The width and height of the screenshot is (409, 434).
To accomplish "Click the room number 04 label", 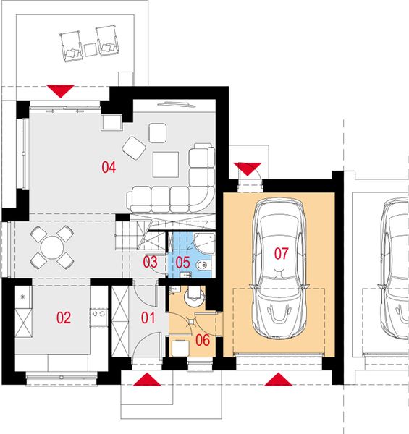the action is click(109, 167).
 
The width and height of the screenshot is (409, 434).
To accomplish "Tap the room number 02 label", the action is click(64, 318).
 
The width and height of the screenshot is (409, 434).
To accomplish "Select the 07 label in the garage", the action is click(281, 253).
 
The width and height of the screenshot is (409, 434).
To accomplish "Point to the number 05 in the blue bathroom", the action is click(182, 263).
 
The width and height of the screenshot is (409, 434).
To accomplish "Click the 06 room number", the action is click(203, 340).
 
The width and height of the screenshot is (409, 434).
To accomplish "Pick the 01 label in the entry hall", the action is click(148, 318).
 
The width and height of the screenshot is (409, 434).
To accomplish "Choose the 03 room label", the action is click(151, 262).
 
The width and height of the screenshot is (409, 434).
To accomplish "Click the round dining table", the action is click(52, 247).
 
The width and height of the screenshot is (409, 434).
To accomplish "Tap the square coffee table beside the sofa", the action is click(166, 164).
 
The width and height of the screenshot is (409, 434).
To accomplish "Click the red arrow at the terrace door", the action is click(60, 91).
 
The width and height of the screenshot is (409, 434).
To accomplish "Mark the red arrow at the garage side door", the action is click(248, 169).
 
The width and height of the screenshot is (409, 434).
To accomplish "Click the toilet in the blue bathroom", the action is click(203, 265).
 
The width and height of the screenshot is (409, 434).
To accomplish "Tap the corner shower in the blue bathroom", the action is click(204, 243).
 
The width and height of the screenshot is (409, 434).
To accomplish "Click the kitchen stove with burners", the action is click(99, 318).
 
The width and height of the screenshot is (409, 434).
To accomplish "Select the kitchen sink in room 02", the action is click(24, 297).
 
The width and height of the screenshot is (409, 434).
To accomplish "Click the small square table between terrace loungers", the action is click(90, 50).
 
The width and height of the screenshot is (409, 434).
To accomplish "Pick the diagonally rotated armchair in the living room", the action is click(134, 148).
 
